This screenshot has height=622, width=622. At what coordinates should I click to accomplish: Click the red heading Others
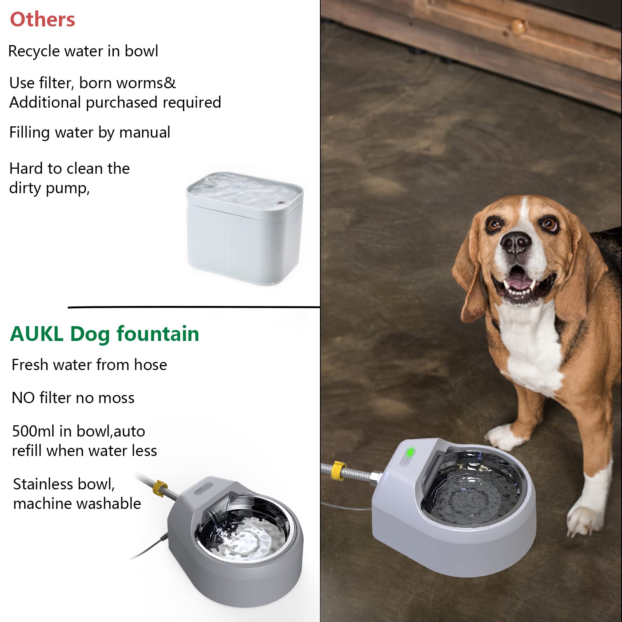[x=42, y=19]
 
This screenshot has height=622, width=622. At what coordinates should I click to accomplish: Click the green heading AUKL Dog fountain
[x=104, y=334]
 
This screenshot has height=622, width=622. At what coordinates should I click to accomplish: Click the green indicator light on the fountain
[x=410, y=453]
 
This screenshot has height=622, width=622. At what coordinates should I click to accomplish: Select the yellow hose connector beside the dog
[x=337, y=470]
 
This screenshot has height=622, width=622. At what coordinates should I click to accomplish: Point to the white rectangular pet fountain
[x=244, y=229]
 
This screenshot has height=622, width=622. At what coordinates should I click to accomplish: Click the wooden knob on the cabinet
[x=518, y=27]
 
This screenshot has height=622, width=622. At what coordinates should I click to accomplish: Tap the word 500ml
[x=33, y=431]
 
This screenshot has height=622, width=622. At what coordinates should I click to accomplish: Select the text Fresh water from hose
[x=89, y=365]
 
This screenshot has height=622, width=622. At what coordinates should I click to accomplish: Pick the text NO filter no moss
[x=73, y=398]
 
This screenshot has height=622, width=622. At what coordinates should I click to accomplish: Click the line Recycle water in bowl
[x=83, y=51]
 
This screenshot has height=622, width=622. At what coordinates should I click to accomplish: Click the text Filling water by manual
[x=89, y=132]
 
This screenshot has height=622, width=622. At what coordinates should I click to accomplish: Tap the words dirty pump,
[x=49, y=188]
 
